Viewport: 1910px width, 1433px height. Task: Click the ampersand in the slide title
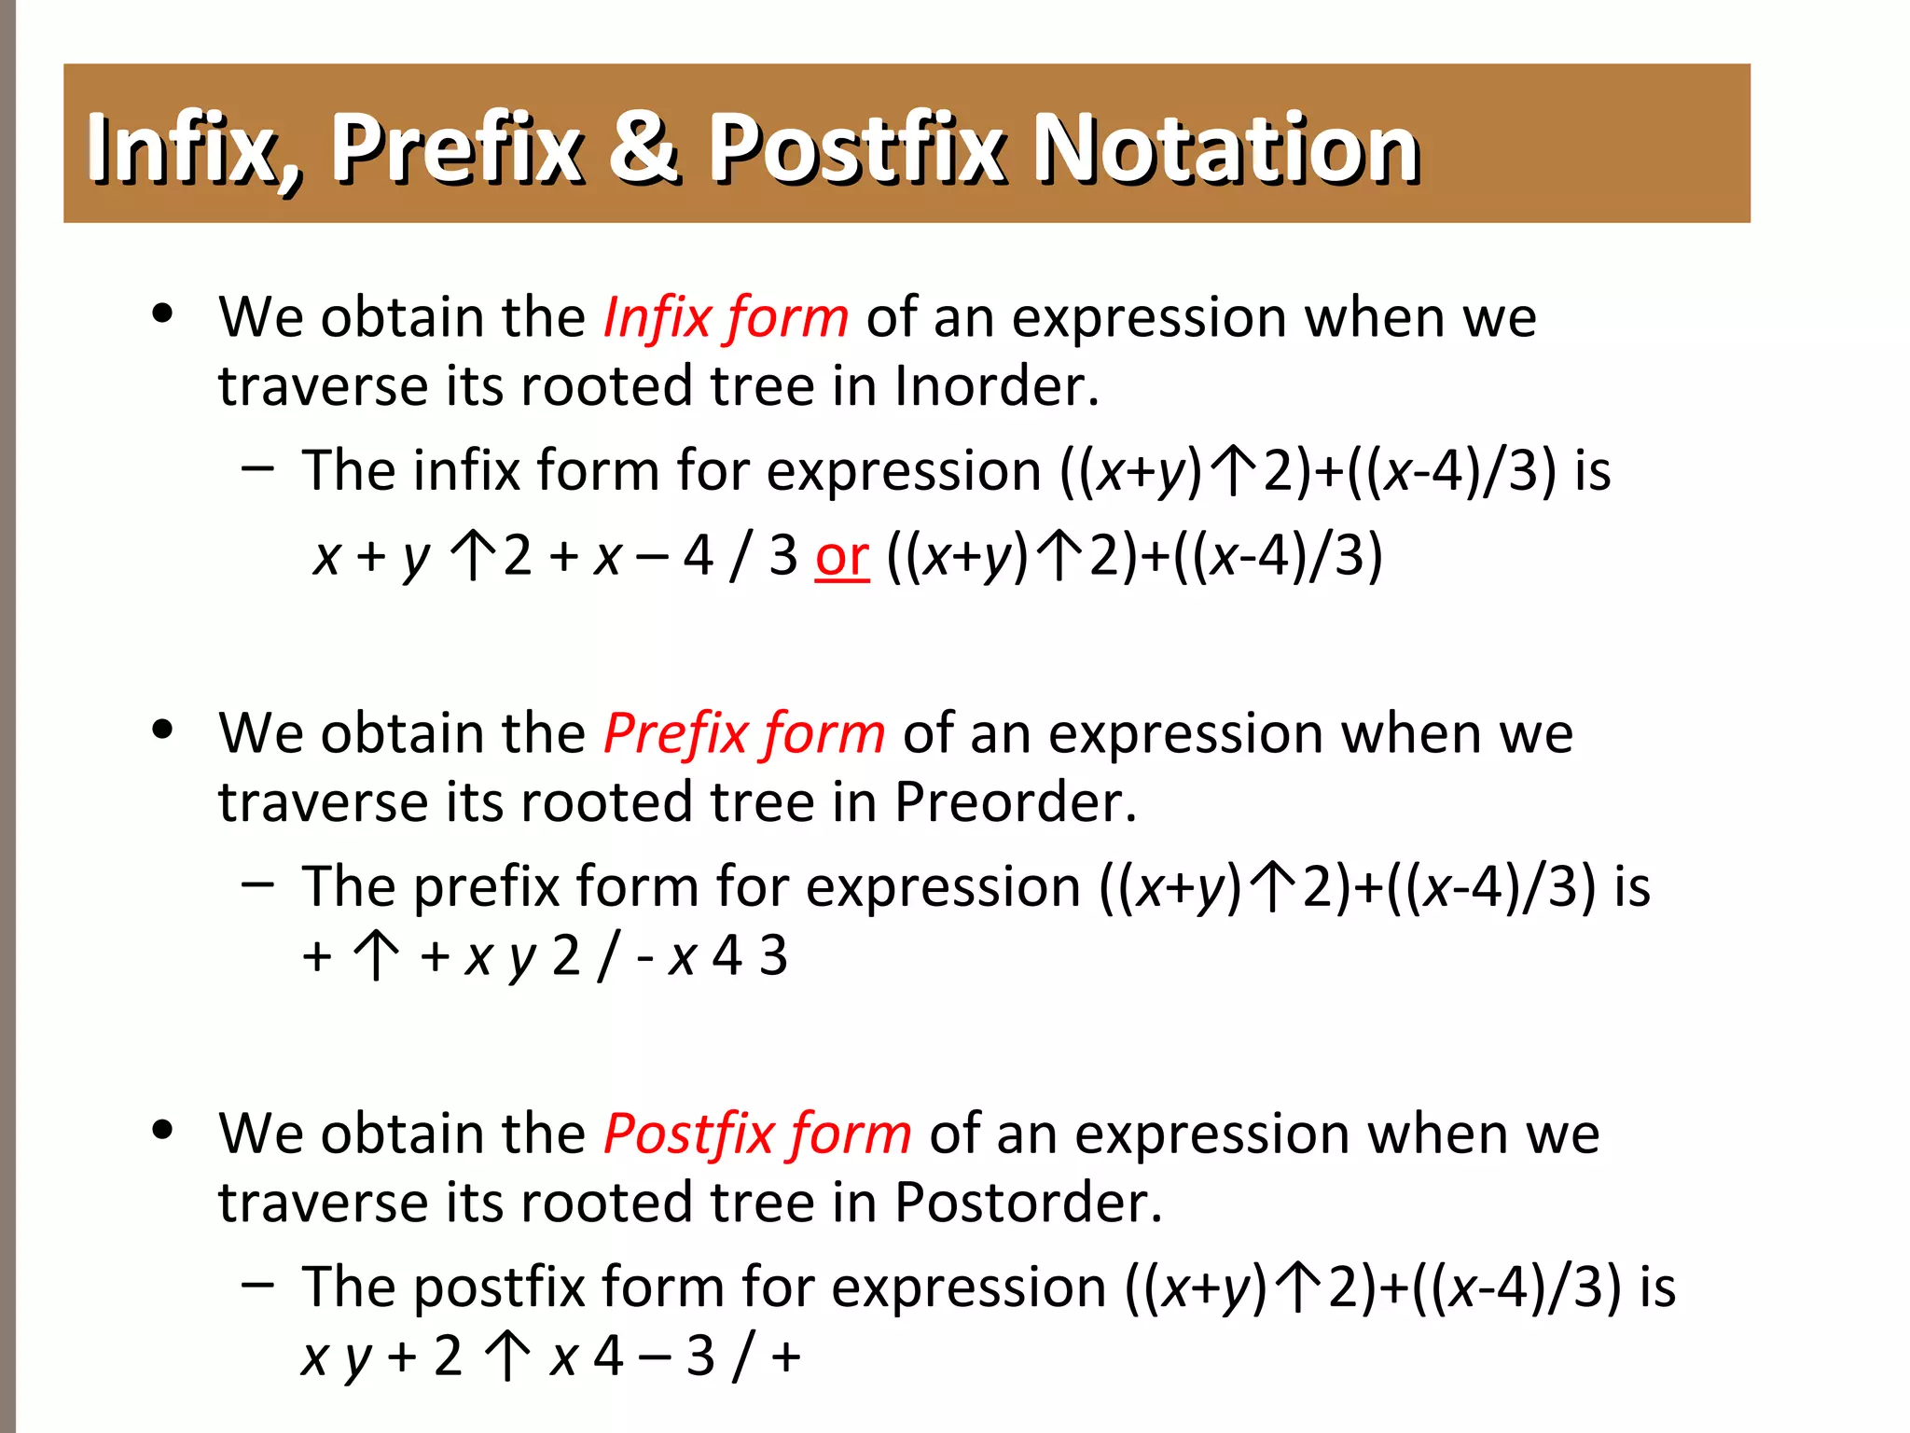pos(644,146)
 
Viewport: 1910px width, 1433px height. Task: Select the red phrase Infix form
pos(726,317)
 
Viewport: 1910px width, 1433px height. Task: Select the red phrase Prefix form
pos(743,733)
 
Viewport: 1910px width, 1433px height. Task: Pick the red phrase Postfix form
pos(756,1134)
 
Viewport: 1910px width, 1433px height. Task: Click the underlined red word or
pos(841,556)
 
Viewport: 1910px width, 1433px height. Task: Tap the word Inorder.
pos(996,386)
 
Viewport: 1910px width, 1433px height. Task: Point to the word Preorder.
pos(1015,802)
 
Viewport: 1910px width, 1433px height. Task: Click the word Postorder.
pos(1028,1203)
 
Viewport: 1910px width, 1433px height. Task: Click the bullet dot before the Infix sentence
pos(162,313)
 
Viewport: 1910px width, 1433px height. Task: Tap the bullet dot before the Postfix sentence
pos(162,1131)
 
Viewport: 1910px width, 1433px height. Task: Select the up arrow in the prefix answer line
pos(376,956)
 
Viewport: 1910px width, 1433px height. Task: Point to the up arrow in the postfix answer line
pos(507,1356)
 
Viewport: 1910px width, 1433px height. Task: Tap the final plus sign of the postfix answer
pos(786,1356)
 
